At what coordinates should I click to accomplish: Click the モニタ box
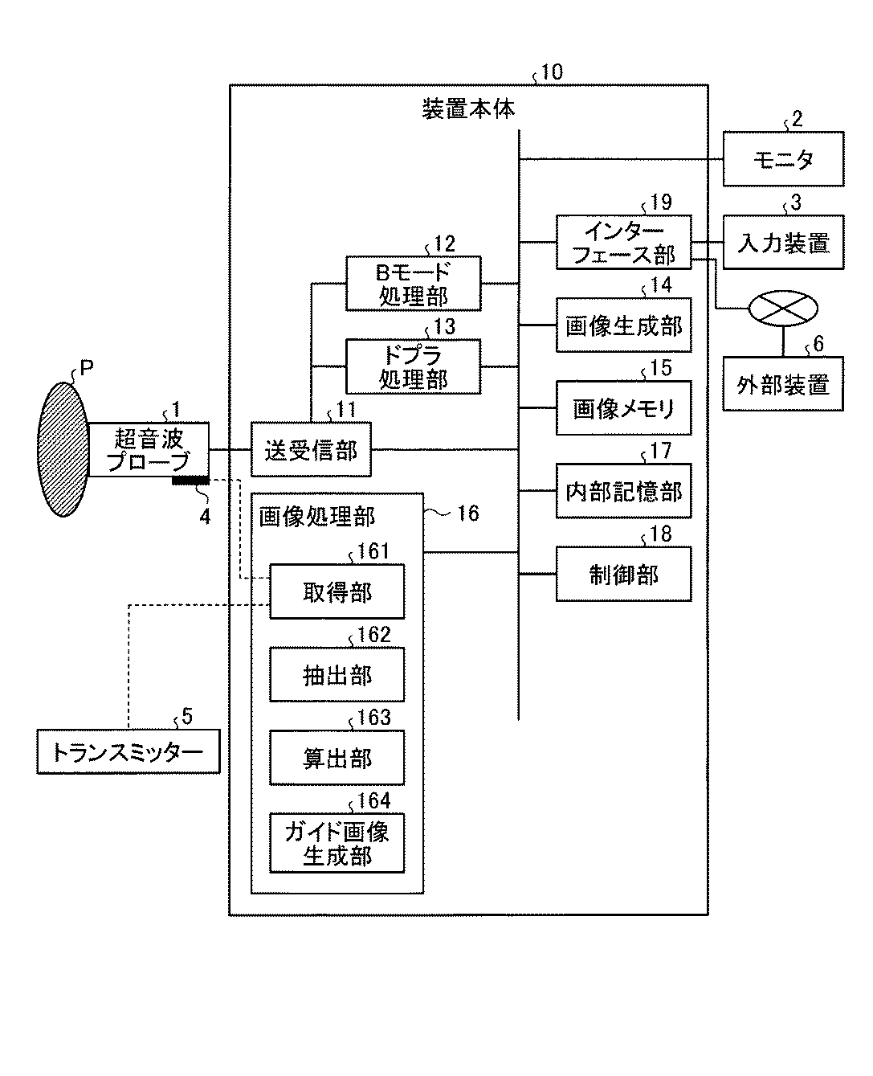click(782, 159)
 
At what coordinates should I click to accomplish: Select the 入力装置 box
click(782, 243)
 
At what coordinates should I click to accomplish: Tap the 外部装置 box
click(782, 384)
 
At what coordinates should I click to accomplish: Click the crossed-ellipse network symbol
click(782, 309)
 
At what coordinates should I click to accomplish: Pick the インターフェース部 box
click(623, 243)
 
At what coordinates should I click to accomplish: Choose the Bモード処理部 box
click(413, 284)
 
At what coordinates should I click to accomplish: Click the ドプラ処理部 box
click(413, 366)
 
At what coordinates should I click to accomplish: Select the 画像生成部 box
click(623, 325)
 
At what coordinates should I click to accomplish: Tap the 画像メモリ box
click(623, 407)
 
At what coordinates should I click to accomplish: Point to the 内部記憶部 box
click(623, 490)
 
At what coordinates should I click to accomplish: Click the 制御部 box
click(623, 574)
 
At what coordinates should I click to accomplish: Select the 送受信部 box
click(311, 449)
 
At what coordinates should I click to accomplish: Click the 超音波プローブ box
click(148, 449)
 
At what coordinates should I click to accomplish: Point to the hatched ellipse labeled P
click(63, 449)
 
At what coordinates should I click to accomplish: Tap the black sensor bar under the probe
click(191, 481)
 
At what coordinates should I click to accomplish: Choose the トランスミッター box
click(129, 751)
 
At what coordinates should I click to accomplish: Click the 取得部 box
click(337, 591)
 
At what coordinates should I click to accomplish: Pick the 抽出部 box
click(337, 674)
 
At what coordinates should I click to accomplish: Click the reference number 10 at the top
click(552, 72)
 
